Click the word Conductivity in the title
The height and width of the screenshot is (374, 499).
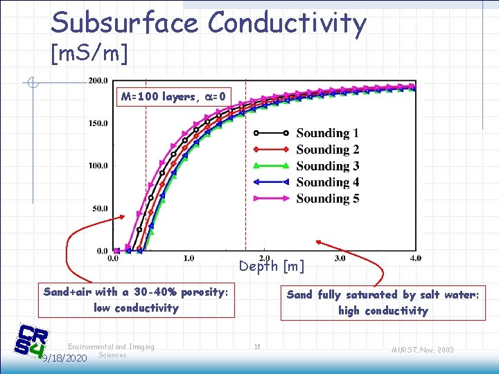[x=287, y=23]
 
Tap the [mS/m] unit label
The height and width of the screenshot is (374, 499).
[x=89, y=53]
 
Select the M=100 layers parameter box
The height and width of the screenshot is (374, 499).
[x=173, y=97]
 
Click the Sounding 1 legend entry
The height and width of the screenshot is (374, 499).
[x=327, y=133]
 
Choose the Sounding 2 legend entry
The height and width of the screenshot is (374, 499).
[x=327, y=149]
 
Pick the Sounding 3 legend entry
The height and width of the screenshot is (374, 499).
[x=327, y=166]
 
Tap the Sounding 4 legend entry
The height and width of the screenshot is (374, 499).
[x=327, y=182]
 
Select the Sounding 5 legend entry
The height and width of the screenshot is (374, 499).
[x=327, y=198]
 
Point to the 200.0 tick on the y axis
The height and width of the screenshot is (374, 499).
[x=98, y=80]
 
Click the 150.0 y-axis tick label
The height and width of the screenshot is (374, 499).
[x=98, y=123]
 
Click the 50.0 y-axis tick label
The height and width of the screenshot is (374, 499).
[x=100, y=208]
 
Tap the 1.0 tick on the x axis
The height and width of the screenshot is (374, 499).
[x=188, y=258]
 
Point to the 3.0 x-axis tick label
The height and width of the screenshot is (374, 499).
[x=340, y=258]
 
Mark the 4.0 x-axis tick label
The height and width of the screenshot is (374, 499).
[x=414, y=258]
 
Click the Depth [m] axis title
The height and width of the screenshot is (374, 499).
[x=272, y=266]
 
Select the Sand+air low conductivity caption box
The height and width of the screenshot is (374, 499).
[x=136, y=300]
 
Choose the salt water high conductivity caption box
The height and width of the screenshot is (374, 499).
[x=383, y=303]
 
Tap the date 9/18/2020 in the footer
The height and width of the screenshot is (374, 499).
[x=64, y=359]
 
